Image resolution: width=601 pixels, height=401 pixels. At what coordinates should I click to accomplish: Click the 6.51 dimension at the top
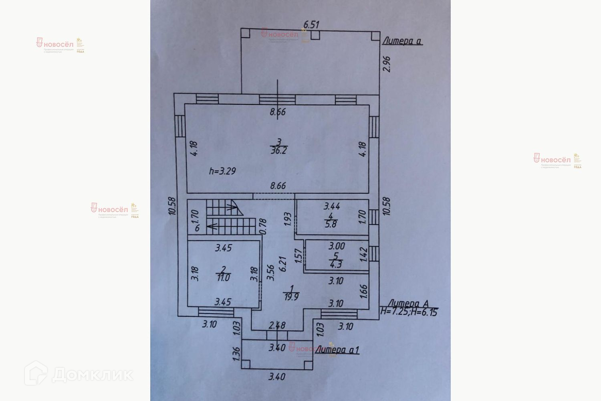pos(311,24)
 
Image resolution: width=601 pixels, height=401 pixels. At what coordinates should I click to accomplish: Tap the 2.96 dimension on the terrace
pos(387,64)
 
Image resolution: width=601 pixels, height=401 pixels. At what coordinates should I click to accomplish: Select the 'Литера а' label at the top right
pos(403,41)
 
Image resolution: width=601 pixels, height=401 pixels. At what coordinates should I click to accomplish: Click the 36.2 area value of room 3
pos(279,150)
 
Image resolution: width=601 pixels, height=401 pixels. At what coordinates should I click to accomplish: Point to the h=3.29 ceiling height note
pos(222,171)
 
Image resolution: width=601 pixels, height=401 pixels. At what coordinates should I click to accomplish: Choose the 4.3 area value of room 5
pos(336,265)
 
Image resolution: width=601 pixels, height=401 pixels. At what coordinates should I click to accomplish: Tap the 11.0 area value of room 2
pos(223,277)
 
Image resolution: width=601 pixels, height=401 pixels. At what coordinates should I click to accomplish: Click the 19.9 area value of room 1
pos(292,297)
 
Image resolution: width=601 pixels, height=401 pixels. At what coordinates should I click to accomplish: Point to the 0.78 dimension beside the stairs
pos(263,226)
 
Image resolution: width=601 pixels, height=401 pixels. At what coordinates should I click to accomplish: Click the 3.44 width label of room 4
pos(332,207)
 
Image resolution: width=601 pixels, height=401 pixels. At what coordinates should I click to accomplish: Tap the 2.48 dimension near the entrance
pos(277,325)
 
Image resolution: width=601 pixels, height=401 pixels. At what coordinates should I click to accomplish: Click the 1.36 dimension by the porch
pos(236,352)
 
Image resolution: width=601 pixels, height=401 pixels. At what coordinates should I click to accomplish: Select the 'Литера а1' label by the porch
pos(337,350)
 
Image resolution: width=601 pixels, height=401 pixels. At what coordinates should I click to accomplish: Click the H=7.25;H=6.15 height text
pos(409,312)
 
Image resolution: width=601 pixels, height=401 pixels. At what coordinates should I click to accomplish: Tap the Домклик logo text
pos(92,375)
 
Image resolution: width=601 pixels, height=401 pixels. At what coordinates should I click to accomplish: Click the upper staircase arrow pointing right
pos(232,207)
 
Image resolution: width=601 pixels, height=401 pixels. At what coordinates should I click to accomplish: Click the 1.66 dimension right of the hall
pos(363,292)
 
